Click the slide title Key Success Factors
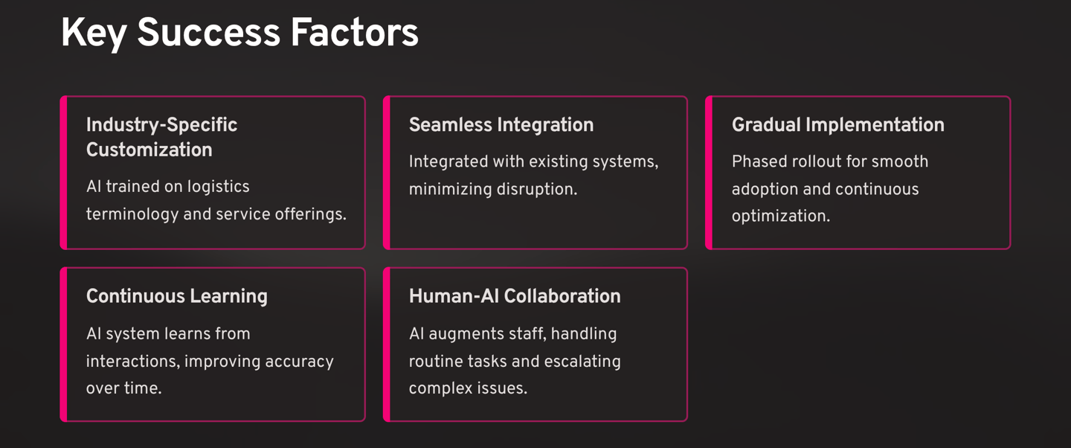(x=239, y=34)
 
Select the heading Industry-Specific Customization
(x=161, y=138)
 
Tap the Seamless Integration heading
(x=501, y=125)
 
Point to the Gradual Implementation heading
(x=837, y=125)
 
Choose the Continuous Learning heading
(x=176, y=296)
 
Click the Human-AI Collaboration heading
(x=514, y=296)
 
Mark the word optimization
(x=780, y=217)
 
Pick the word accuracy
(x=299, y=362)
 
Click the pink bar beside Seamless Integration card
(x=387, y=172)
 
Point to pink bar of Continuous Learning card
(x=64, y=344)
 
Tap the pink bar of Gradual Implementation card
(x=709, y=172)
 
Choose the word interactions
(x=131, y=362)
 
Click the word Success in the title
(x=208, y=34)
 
